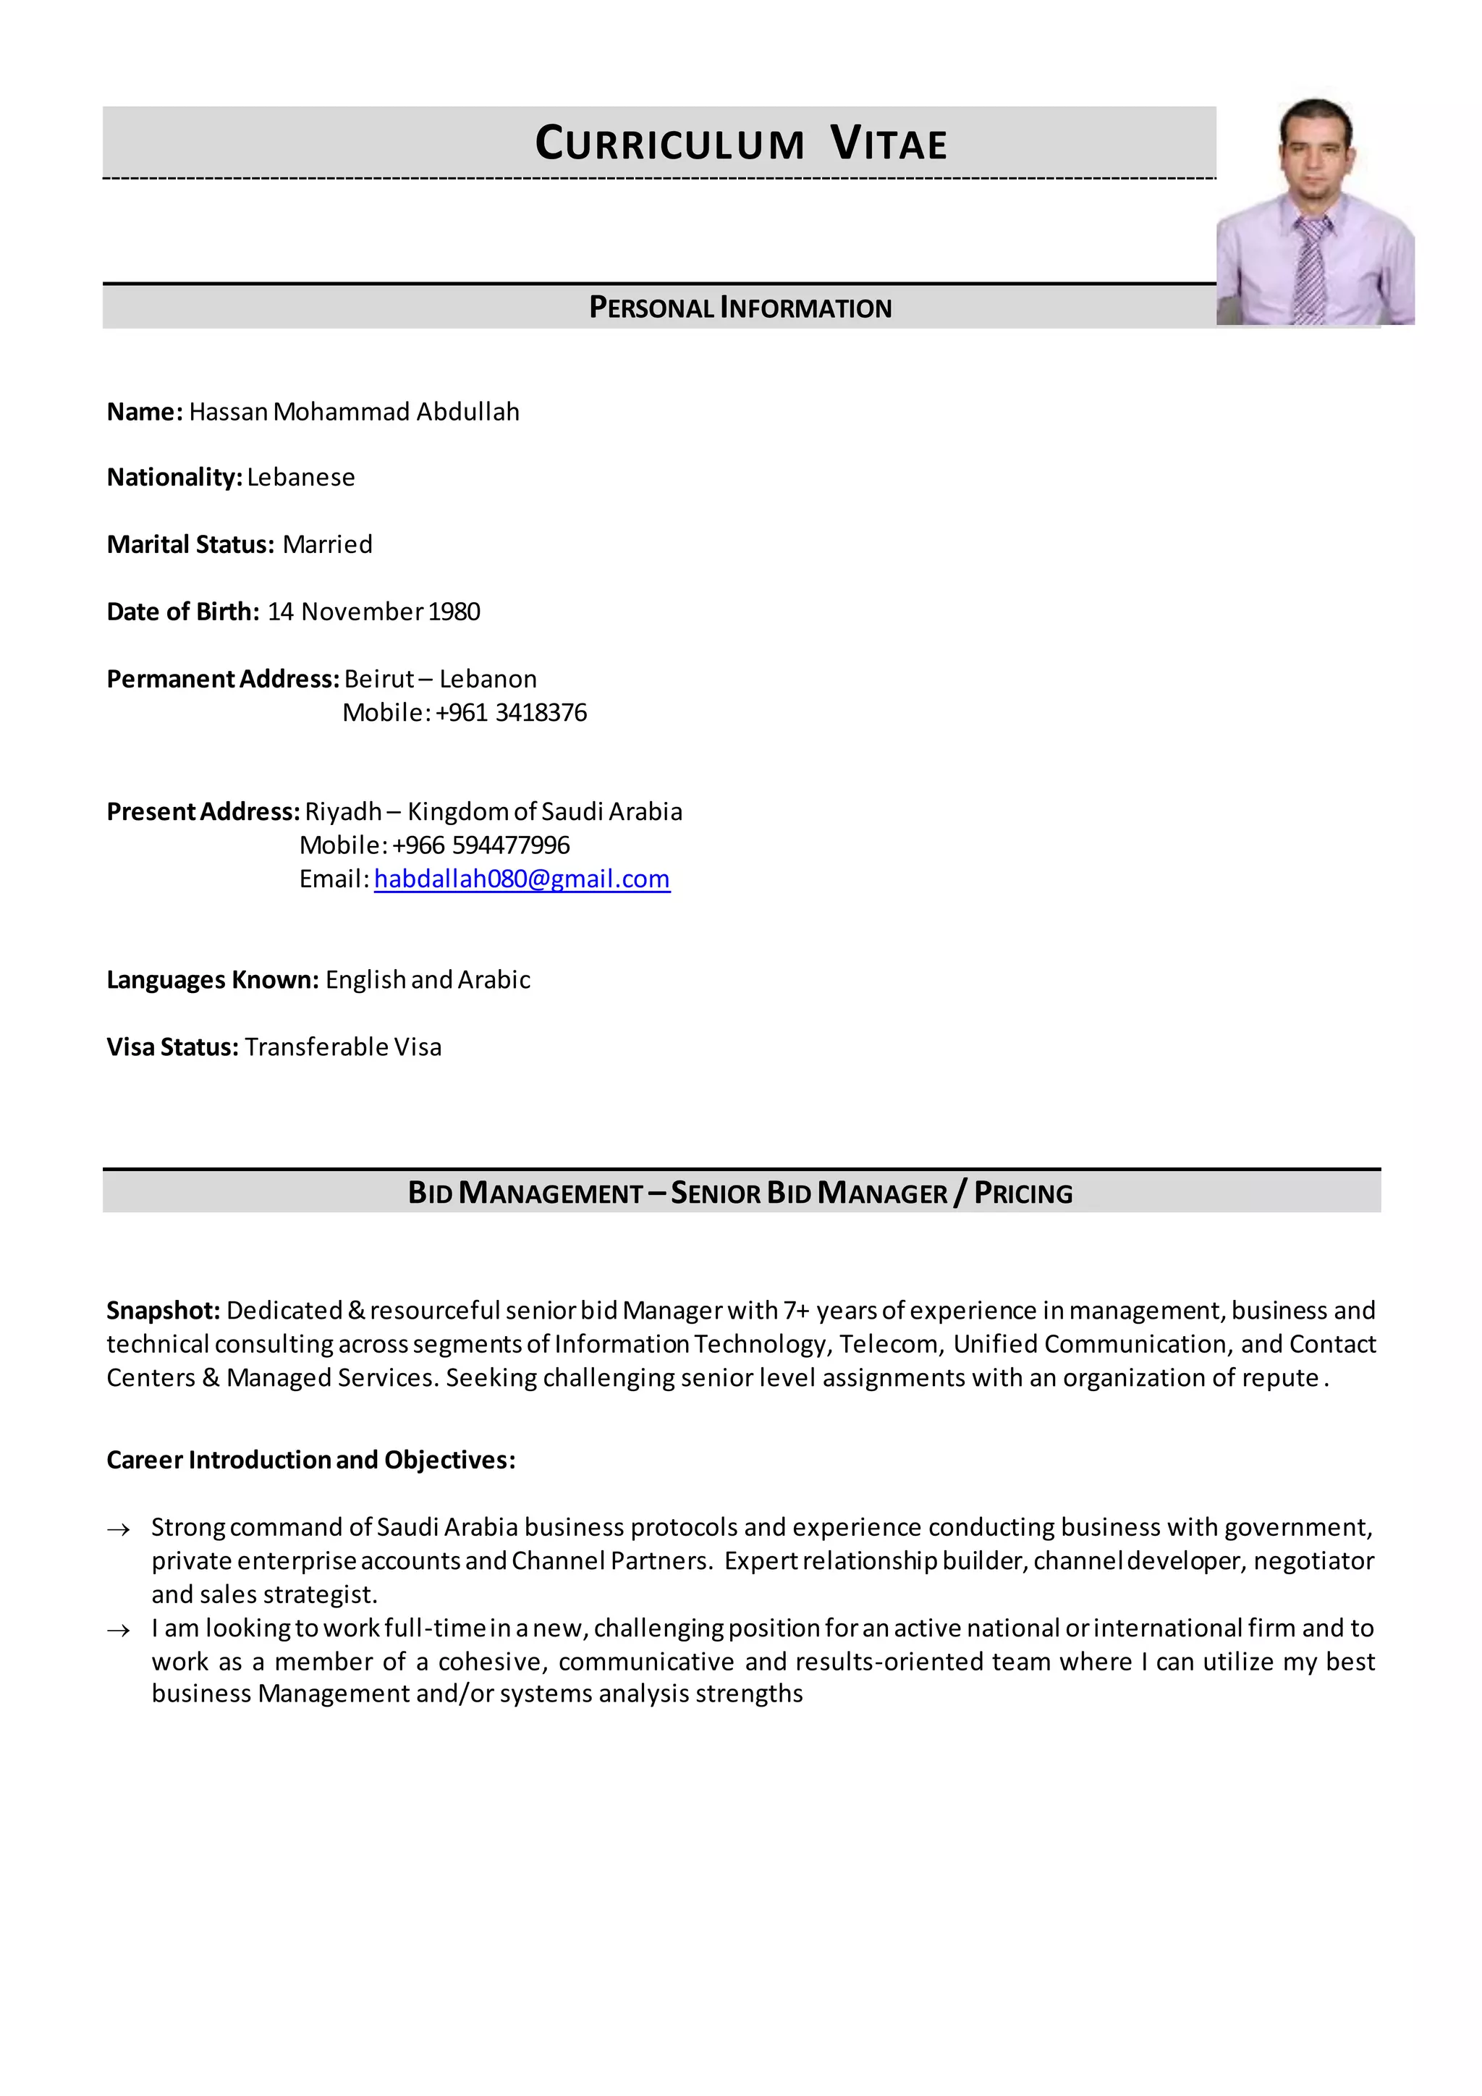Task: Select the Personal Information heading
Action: pos(740,308)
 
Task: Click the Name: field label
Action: pos(145,412)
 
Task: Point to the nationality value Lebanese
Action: pos(301,478)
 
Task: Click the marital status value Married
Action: pos(328,545)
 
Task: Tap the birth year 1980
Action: pos(454,612)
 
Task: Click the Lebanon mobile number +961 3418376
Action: pos(511,713)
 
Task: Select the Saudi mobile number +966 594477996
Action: pos(481,845)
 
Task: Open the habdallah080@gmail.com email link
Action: pos(522,879)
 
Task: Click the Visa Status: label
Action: pos(172,1047)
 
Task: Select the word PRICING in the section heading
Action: pos(1023,1193)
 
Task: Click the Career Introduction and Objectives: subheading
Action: pos(311,1460)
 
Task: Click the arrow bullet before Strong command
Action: pos(119,1529)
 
